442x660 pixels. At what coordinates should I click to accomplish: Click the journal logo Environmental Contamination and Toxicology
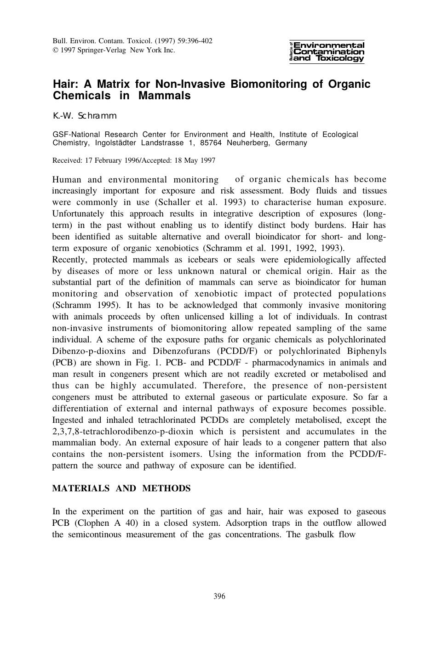327,52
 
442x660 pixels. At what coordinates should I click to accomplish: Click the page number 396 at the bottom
219,597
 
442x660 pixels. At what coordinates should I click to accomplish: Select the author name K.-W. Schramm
85,116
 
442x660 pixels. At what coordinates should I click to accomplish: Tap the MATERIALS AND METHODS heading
121,489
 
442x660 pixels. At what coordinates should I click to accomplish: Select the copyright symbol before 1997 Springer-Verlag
55,50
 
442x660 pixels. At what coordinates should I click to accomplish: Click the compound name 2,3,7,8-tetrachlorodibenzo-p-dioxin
123,432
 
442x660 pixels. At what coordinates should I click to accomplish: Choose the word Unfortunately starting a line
78,214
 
